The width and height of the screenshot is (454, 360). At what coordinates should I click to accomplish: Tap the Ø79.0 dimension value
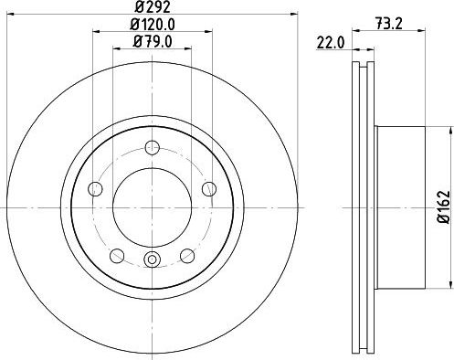[x=152, y=40]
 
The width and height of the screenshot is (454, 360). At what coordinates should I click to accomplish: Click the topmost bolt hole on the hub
[x=152, y=146]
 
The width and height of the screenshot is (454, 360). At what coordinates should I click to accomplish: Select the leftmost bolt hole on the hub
[x=94, y=189]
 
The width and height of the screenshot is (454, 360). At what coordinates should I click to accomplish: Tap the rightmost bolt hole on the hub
[x=209, y=189]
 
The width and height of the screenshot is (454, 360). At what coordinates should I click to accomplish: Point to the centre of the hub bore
[x=152, y=206]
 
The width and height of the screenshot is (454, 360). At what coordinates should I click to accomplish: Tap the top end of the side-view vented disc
[x=363, y=69]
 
